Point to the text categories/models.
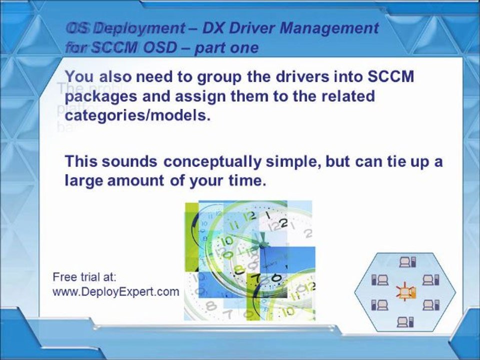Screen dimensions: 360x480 135,114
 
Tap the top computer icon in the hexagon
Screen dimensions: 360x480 404,261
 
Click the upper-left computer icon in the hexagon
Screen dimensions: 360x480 378,278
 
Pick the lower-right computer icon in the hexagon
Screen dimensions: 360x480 430,304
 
